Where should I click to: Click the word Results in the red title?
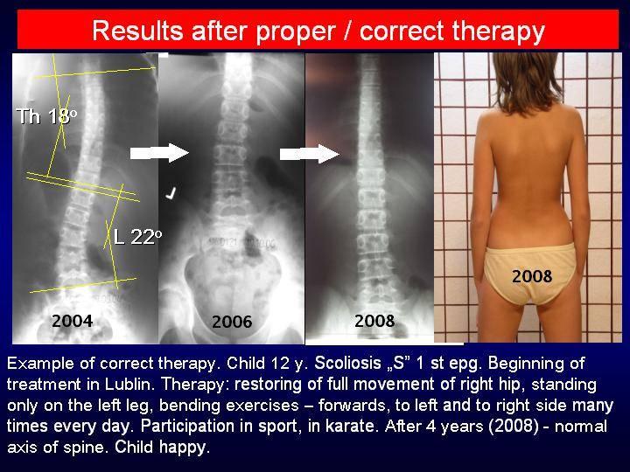pyautogui.click(x=138, y=31)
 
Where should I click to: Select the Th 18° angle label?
pyautogui.click(x=46, y=116)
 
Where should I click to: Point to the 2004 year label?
pyautogui.click(x=73, y=321)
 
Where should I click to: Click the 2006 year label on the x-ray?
pyautogui.click(x=232, y=322)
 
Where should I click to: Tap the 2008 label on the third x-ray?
pyautogui.click(x=374, y=321)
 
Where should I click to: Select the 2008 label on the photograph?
pyautogui.click(x=532, y=276)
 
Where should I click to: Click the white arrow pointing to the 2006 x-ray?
pyautogui.click(x=159, y=153)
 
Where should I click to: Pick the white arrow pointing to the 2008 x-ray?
pyautogui.click(x=310, y=154)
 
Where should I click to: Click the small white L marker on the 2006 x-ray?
pyautogui.click(x=171, y=193)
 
